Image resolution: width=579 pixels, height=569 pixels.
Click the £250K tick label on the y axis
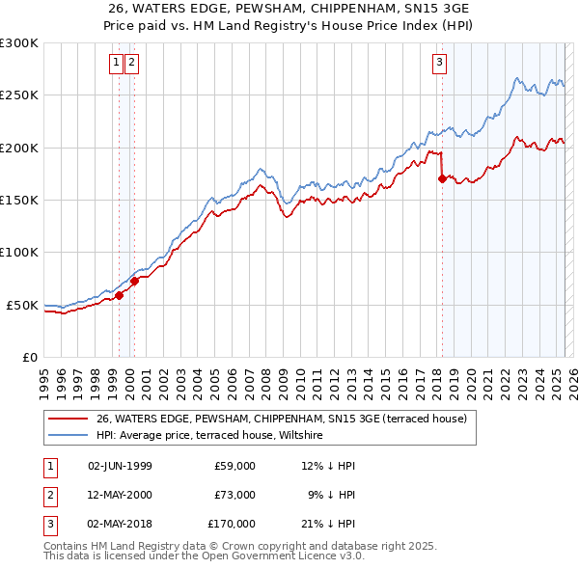[19, 95]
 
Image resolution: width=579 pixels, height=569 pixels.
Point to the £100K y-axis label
[19, 253]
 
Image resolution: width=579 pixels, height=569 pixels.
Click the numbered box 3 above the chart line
[439, 64]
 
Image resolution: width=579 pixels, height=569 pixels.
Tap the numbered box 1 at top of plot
[116, 64]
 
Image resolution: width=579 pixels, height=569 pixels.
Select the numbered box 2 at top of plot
[131, 64]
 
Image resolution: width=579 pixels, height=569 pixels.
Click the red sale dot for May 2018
[442, 178]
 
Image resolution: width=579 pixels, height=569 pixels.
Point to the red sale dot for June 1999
[120, 295]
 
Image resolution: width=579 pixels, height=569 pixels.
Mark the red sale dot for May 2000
[135, 281]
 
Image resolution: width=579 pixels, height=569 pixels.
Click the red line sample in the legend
[69, 419]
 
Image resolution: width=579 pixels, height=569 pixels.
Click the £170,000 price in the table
[231, 524]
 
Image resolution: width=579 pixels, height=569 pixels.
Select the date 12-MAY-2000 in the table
[120, 495]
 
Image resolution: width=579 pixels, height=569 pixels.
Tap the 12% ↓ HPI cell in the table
[329, 466]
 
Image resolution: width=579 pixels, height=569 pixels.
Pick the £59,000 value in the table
[234, 466]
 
